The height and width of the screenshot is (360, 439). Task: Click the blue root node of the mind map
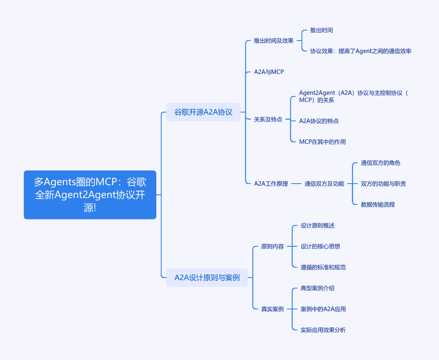click(90, 195)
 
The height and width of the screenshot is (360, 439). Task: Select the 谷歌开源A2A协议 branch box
click(203, 112)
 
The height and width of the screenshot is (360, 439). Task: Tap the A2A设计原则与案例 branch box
click(207, 278)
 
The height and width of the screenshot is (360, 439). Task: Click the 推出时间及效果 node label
click(274, 41)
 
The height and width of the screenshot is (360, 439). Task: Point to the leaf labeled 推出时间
click(322, 30)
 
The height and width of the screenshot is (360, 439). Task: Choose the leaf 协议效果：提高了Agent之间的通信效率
click(361, 51)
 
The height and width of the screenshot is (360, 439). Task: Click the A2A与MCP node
click(269, 72)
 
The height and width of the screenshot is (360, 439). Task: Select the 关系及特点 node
click(268, 119)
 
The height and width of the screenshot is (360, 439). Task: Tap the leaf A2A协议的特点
click(319, 121)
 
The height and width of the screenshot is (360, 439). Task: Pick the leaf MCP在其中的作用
click(322, 142)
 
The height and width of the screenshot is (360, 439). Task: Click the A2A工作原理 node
click(271, 184)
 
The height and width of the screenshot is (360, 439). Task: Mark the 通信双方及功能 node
click(324, 184)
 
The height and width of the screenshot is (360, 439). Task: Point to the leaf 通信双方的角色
click(380, 163)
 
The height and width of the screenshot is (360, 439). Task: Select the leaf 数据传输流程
click(378, 204)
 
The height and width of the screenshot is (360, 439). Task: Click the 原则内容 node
click(272, 246)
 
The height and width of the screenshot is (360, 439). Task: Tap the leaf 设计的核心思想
click(320, 246)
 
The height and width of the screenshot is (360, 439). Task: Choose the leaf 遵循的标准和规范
click(323, 267)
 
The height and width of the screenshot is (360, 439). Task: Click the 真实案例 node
click(272, 309)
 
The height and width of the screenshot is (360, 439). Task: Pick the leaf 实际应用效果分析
click(323, 330)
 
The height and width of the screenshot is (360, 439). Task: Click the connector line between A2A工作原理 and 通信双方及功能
click(296, 184)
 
